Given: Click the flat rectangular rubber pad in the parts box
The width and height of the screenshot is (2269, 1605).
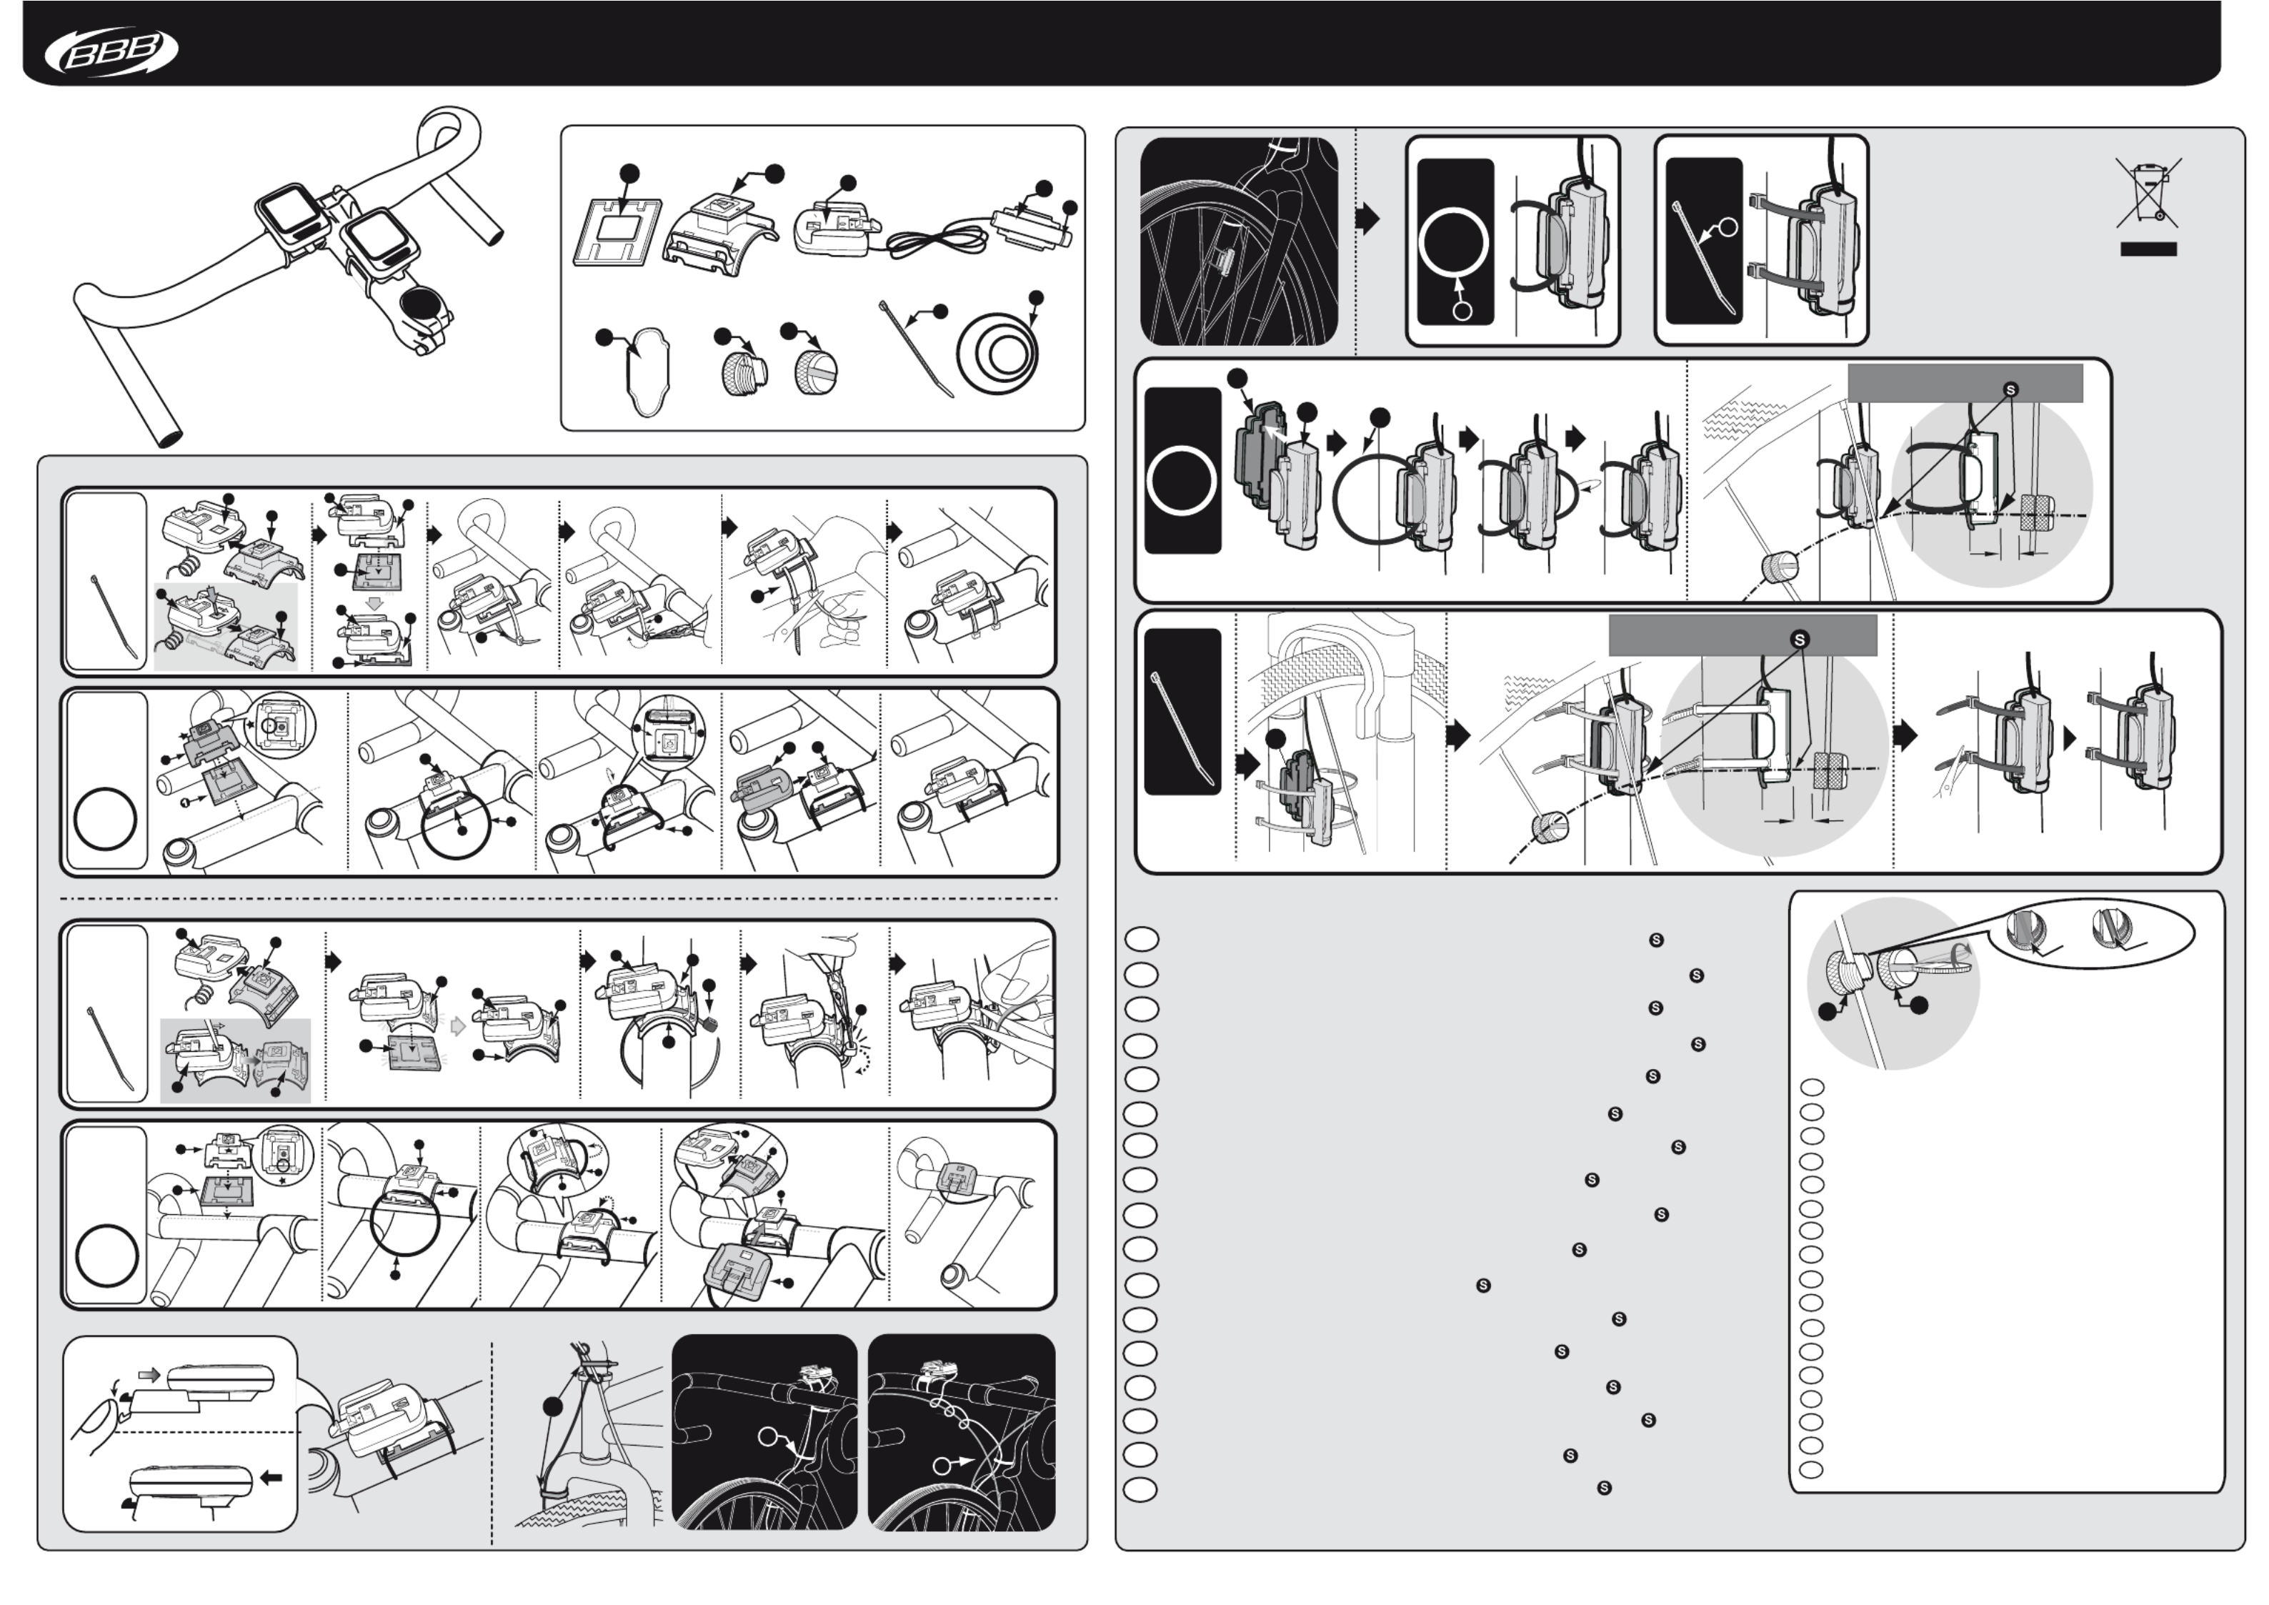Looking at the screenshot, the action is point(618,232).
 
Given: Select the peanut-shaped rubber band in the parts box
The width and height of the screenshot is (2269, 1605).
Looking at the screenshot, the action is point(647,372).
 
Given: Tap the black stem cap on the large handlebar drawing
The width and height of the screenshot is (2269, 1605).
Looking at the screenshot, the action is point(423,304).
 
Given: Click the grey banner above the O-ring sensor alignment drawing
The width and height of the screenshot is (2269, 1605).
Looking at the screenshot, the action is point(1965,382).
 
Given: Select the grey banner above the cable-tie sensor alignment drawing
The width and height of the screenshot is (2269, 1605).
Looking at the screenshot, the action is point(1742,635).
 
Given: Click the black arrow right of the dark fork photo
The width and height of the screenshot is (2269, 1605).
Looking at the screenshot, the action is point(1367,219).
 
